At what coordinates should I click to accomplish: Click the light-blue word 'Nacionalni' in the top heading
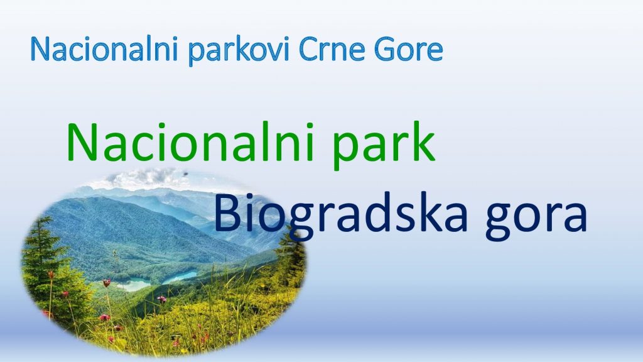click(x=104, y=49)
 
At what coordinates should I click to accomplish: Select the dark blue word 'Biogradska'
click(x=340, y=215)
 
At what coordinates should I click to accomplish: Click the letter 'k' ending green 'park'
click(x=423, y=141)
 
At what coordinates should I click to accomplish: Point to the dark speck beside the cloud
click(x=186, y=173)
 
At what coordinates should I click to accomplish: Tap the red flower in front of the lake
click(x=107, y=282)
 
